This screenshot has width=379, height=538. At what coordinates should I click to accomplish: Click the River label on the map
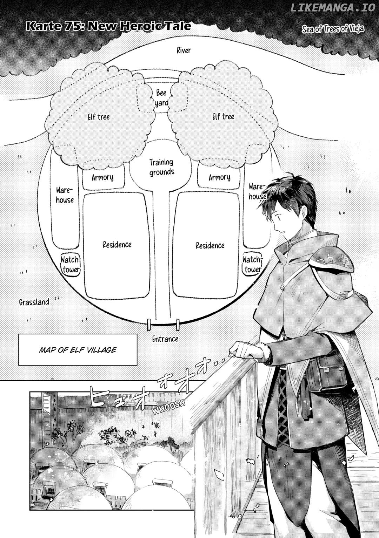coord(184,50)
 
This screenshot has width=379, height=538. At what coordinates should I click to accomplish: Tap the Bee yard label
coord(161,98)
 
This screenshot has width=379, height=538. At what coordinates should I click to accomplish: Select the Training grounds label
coord(162,168)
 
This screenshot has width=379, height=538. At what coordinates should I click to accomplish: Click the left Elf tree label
coord(99,117)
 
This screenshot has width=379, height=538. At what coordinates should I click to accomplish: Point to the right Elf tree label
coord(223,117)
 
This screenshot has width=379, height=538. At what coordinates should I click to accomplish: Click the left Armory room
coord(104,177)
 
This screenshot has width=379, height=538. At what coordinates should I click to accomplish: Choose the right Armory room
coord(219,177)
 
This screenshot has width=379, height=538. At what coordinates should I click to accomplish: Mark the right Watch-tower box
coord(252,264)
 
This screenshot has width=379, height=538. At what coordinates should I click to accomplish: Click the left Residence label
coord(117,245)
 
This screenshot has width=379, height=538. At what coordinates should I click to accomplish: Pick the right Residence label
coord(210,245)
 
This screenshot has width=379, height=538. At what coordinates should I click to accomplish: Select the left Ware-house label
coord(65,195)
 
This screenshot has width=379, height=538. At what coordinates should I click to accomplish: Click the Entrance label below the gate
coord(165,339)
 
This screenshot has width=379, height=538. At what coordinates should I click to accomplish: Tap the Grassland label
coord(34,302)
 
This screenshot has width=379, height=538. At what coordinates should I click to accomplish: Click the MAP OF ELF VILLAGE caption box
coord(78,350)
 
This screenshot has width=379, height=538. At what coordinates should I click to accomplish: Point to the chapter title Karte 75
coord(108,26)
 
